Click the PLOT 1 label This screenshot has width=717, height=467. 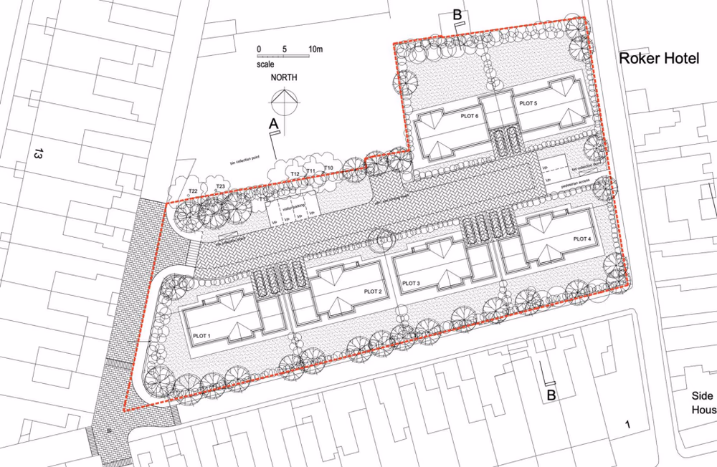coord(201,335)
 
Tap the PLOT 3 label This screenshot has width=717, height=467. coord(412,284)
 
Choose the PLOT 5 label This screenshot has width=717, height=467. coord(528,104)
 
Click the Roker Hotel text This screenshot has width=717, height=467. coord(659,59)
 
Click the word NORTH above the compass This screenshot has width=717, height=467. coord(285,77)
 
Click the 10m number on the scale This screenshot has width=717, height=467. coord(315,49)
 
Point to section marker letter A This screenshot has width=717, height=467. coord(273,124)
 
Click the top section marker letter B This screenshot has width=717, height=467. coord(456,14)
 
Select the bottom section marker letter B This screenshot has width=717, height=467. coord(551,395)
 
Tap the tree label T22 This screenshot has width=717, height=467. coord(193,191)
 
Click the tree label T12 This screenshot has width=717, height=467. coord(295,174)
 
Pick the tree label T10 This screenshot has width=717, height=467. coord(328,168)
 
